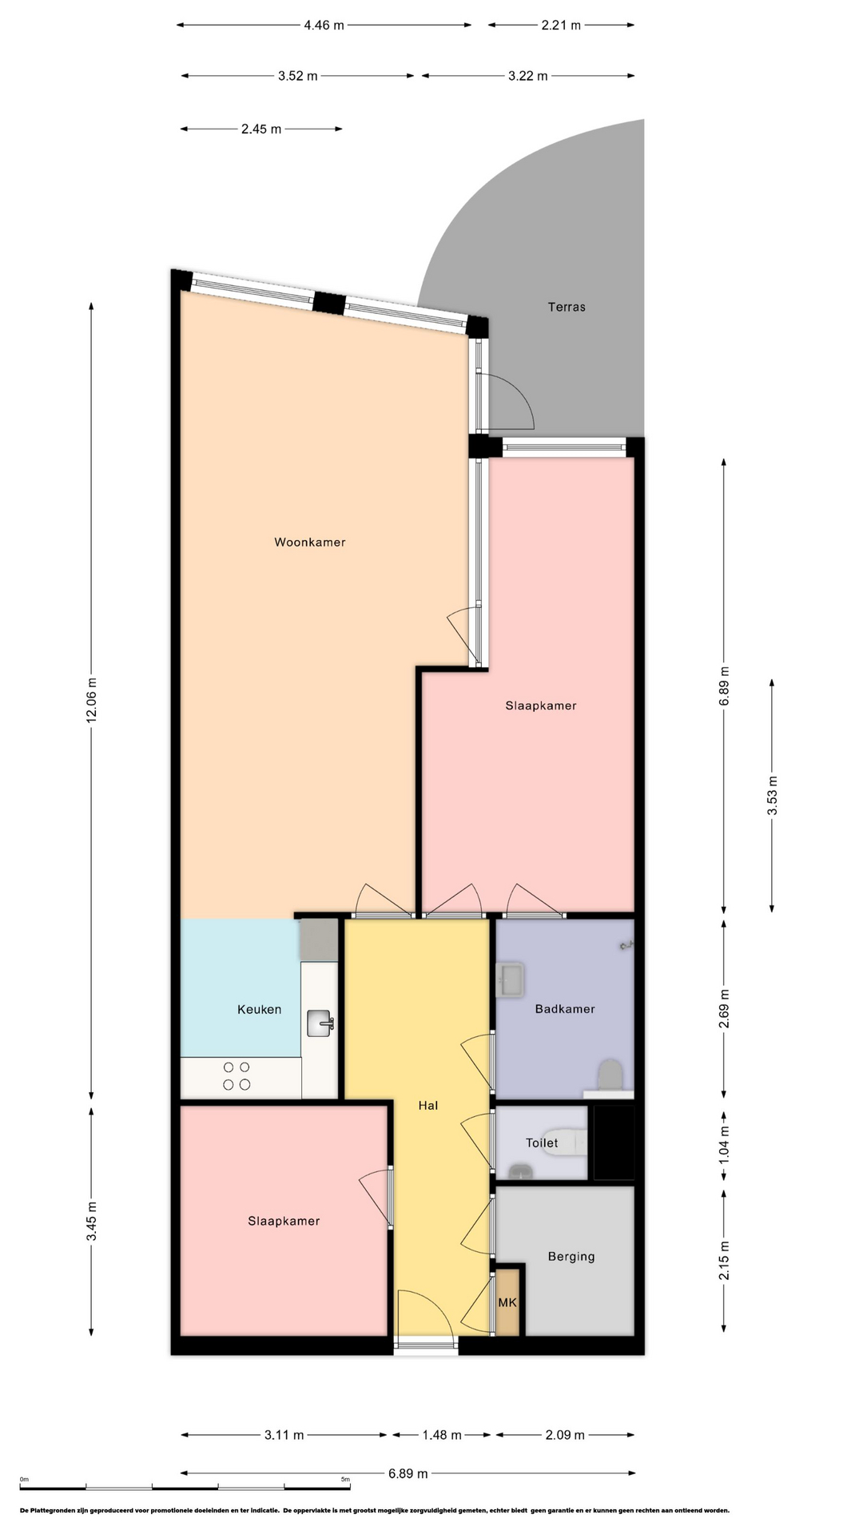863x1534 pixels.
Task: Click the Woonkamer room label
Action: pos(310,542)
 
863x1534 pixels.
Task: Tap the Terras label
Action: pos(567,307)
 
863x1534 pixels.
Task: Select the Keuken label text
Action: pos(260,1009)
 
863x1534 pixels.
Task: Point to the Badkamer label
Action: pos(565,1009)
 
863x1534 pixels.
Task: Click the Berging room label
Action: pos(571,1257)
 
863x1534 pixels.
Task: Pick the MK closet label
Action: pos(507,1302)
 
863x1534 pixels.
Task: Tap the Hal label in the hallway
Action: pos(428,1106)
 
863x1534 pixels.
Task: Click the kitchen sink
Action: pos(320,1023)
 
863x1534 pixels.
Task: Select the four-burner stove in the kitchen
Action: pos(237,1075)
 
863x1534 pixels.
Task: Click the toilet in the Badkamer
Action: pos(610,1075)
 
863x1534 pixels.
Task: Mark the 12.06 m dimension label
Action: pos(92,700)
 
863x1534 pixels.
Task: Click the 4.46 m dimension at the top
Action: pos(324,25)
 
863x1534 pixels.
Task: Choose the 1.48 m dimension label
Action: pos(442,1435)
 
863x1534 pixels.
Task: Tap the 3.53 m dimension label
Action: pos(773,796)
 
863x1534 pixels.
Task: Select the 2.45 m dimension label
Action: pos(261,129)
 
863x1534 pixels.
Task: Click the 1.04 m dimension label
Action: pos(724,1143)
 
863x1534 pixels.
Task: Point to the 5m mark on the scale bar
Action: pos(345,1480)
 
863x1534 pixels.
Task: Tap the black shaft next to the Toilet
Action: pos(614,1143)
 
